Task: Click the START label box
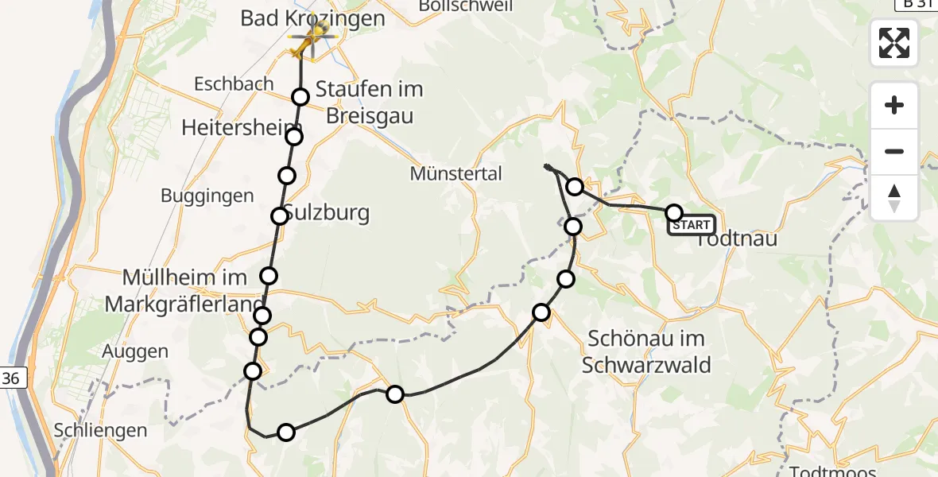692,225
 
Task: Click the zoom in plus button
894,105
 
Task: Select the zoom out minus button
894,151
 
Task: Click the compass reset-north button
894,198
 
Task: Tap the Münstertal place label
455,173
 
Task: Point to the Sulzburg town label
316,213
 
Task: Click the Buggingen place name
207,196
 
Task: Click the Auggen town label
135,351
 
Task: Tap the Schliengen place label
100,430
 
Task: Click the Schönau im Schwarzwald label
645,351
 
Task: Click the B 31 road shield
915,4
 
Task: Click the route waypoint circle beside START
673,212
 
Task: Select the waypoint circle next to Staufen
300,97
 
